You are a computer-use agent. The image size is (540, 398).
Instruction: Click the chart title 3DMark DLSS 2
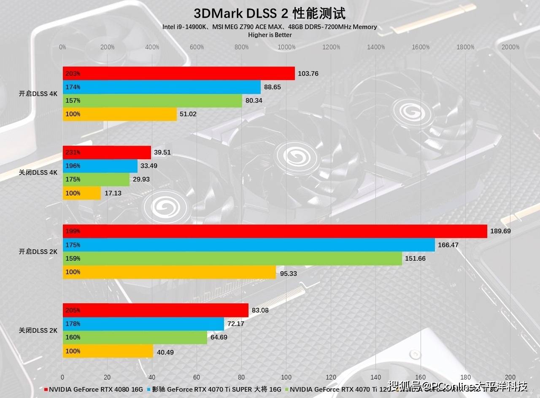coord(270,13)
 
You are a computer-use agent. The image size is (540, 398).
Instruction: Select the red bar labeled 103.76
coord(178,73)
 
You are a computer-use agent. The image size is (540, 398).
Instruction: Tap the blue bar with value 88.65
coord(162,87)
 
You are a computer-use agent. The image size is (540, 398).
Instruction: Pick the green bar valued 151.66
coord(232,258)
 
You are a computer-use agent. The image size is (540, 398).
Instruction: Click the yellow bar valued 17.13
coord(82,193)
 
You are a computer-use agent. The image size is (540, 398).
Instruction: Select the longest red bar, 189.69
coord(275,231)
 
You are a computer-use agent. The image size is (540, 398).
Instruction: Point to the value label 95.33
coord(288,273)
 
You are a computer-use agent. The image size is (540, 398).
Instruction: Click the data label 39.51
coord(162,152)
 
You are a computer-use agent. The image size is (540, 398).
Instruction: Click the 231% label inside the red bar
coord(73,152)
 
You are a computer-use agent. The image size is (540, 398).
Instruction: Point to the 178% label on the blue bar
coord(73,324)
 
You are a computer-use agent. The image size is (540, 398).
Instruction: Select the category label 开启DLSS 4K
coord(38,94)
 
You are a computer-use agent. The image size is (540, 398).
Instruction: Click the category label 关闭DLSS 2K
coord(38,331)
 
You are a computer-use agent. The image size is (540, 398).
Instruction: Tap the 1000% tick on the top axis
coord(286,47)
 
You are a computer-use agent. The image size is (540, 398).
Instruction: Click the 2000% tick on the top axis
coord(510,47)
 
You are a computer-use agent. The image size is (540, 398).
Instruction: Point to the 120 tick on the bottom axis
coord(331,377)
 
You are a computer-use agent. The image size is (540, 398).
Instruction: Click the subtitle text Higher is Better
coord(270,35)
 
